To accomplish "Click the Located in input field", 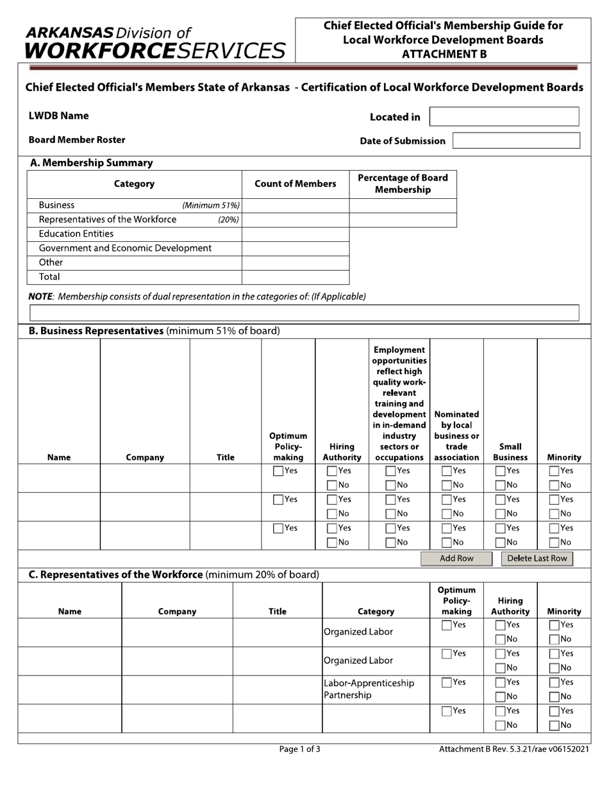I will pos(504,117).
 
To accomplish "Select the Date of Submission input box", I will pos(516,140).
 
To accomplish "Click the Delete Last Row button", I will pos(537,559).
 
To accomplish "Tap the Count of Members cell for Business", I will pos(296,206).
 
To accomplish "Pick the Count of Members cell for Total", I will pos(296,277).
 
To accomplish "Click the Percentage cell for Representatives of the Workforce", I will pos(403,220).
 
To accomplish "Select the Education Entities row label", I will pos(76,234).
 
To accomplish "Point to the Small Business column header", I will pos(510,452).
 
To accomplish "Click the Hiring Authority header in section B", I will pos(342,452).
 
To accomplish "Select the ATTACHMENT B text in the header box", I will pos(444,55).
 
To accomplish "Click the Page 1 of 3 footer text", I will pos(299,749).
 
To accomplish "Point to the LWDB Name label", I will pos(59,116).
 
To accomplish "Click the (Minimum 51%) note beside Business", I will pos(211,206).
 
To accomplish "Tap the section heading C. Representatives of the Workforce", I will pos(116,575).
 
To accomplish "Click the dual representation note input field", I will pos(304,313).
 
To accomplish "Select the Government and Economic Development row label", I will pos(125,248).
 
